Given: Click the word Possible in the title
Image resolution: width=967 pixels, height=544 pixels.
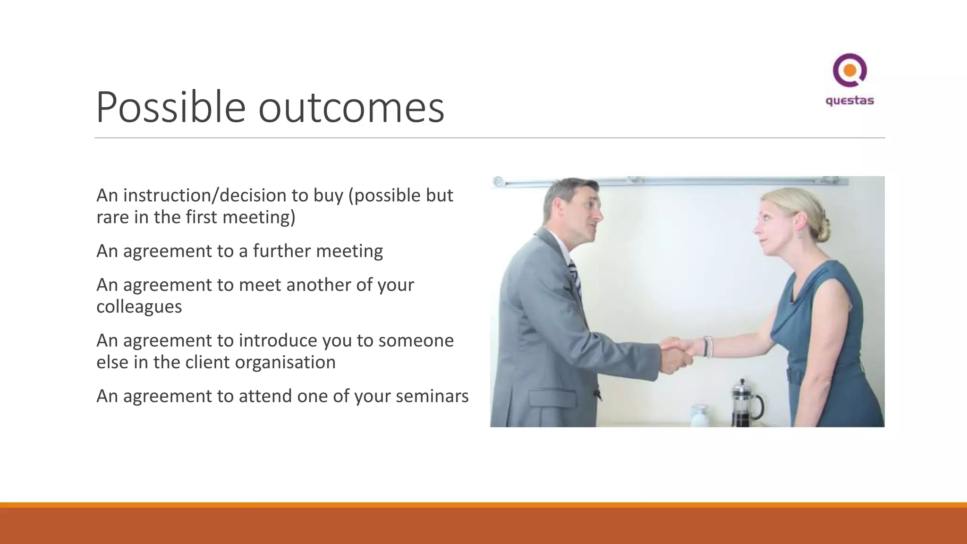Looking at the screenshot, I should (x=170, y=108).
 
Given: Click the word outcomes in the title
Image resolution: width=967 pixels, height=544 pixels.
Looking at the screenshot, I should (x=351, y=108).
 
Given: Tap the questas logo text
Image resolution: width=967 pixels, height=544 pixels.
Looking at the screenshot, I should (x=849, y=101).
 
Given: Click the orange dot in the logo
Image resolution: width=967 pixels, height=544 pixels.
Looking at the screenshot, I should (x=850, y=71).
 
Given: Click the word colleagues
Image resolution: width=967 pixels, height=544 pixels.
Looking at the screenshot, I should (x=139, y=307).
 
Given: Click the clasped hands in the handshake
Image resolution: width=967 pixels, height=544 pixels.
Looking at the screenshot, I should (x=677, y=353).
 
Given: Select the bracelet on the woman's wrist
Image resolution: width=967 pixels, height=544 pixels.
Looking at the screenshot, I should (x=707, y=347).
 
